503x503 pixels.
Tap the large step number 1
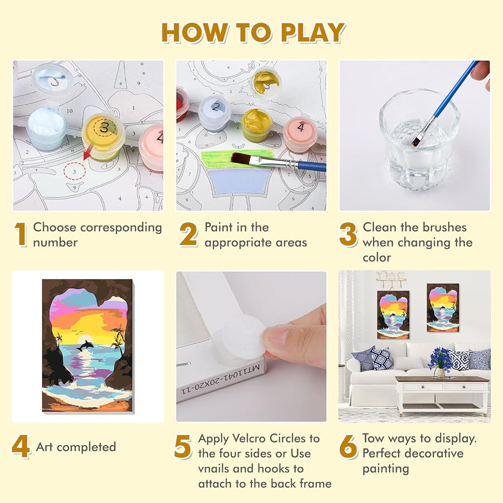tap(21, 235)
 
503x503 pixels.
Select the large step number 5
tap(183, 446)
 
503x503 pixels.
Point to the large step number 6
tap(348, 446)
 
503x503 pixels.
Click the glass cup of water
tap(419, 135)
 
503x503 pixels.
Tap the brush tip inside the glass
tap(416, 139)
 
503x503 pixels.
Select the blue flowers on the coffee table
tap(440, 358)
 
